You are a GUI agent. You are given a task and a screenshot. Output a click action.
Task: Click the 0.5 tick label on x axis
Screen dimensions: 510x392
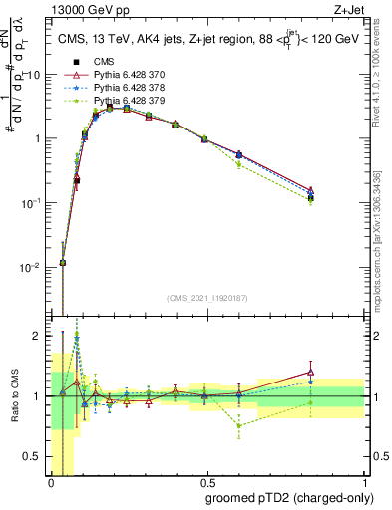click(x=207, y=483)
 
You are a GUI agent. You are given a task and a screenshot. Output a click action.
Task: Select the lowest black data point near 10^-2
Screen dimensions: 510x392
click(x=63, y=263)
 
